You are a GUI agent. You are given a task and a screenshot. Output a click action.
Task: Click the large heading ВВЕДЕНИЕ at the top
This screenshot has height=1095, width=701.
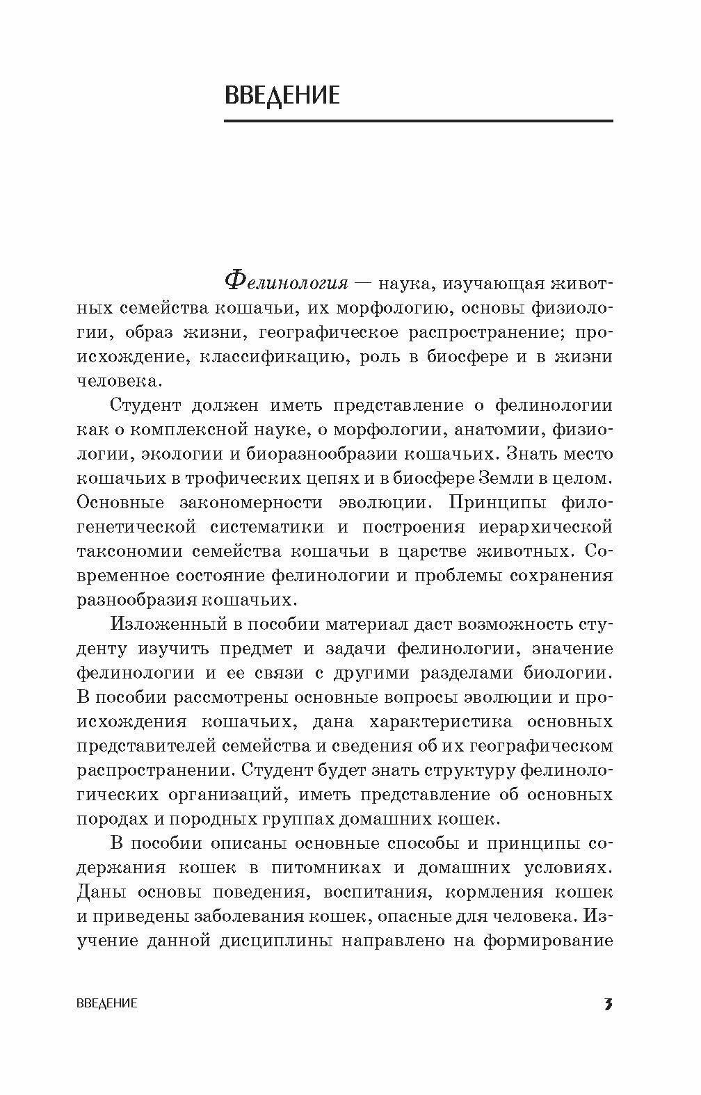[x=282, y=95]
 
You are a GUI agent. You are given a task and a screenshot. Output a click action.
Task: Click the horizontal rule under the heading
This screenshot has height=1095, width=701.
[x=418, y=122]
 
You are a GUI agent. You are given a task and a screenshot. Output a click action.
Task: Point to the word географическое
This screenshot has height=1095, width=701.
[x=328, y=332]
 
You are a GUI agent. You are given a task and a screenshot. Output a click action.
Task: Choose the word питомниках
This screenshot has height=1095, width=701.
[x=327, y=868]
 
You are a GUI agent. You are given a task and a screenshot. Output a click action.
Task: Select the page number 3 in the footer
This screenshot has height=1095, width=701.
[x=608, y=1003]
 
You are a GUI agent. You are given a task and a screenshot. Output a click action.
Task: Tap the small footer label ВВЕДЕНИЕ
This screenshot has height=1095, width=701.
[x=106, y=1003]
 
